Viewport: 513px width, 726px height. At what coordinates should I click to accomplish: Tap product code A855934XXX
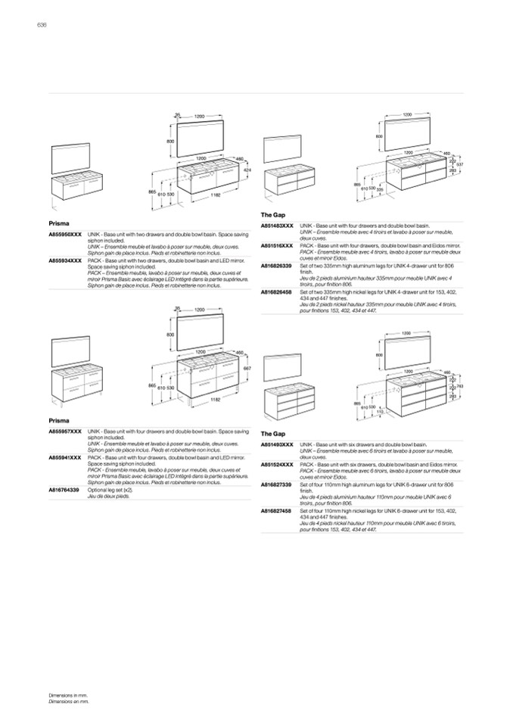pyautogui.click(x=65, y=260)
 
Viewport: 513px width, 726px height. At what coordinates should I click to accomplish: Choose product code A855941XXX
pyautogui.click(x=65, y=458)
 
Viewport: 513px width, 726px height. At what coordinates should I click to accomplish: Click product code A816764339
pyautogui.click(x=64, y=491)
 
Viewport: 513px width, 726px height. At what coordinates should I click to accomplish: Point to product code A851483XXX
pyautogui.click(x=277, y=226)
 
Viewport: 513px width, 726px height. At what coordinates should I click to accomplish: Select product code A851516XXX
pyautogui.click(x=277, y=245)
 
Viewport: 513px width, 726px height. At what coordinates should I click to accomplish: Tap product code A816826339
pyautogui.click(x=276, y=266)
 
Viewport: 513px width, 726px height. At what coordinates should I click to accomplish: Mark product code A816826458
pyautogui.click(x=276, y=291)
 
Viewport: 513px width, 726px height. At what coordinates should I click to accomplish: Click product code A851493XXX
pyautogui.click(x=277, y=444)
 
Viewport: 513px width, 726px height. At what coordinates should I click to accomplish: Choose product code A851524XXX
pyautogui.click(x=277, y=464)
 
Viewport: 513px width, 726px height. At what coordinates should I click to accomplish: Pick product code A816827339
pyautogui.click(x=276, y=484)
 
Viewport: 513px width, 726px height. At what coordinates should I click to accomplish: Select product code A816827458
pyautogui.click(x=276, y=511)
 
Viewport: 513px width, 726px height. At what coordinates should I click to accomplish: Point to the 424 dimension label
pyautogui.click(x=247, y=170)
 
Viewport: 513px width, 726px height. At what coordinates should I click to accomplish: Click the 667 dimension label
pyautogui.click(x=247, y=368)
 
